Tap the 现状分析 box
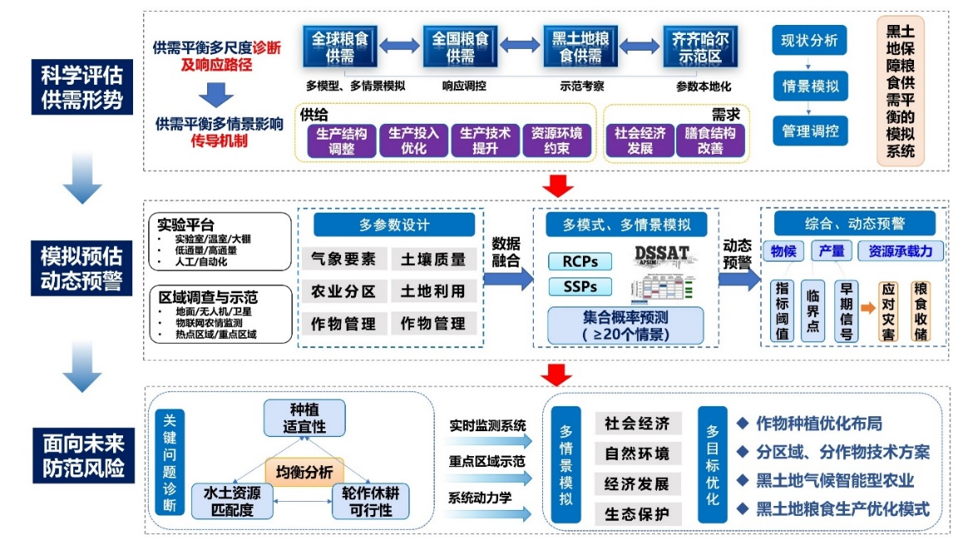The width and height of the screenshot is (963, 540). click(x=809, y=40)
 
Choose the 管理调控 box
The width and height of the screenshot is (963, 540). click(x=809, y=130)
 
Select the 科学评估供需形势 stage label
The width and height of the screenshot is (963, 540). click(x=81, y=88)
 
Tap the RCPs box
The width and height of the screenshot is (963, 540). click(x=580, y=261)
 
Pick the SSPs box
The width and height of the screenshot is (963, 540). click(x=580, y=287)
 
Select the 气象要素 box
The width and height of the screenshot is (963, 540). click(x=343, y=259)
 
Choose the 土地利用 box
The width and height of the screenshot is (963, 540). click(x=432, y=291)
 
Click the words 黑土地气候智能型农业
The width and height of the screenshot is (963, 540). click(x=835, y=480)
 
